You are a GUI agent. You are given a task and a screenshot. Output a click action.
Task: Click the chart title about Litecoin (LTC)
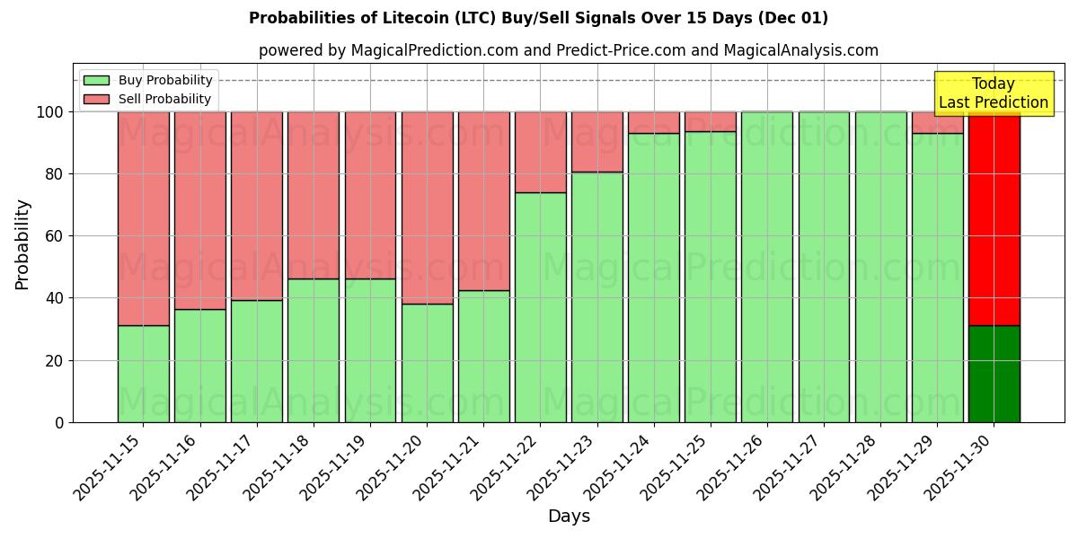(538, 18)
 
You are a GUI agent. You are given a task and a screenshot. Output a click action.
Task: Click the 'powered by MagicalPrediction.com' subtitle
(568, 50)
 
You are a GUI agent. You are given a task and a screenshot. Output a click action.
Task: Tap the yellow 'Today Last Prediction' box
(993, 93)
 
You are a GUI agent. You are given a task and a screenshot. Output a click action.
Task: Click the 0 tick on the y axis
(59, 422)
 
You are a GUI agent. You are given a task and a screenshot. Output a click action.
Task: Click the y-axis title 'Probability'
(22, 244)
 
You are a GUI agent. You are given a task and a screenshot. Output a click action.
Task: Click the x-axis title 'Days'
(569, 517)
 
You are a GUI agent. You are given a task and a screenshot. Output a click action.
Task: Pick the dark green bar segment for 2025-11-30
(994, 374)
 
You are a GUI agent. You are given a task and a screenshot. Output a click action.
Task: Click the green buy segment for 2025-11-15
(143, 374)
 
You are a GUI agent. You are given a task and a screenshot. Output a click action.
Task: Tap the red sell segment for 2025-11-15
(143, 218)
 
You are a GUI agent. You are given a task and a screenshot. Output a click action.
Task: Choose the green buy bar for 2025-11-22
(540, 307)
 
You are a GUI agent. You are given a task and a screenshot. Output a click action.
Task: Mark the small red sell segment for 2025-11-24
(654, 122)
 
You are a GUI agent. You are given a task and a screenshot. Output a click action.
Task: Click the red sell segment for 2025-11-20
(427, 208)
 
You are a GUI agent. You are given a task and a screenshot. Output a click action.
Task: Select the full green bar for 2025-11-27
(824, 267)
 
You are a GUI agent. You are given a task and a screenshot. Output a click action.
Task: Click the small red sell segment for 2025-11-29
(937, 122)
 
